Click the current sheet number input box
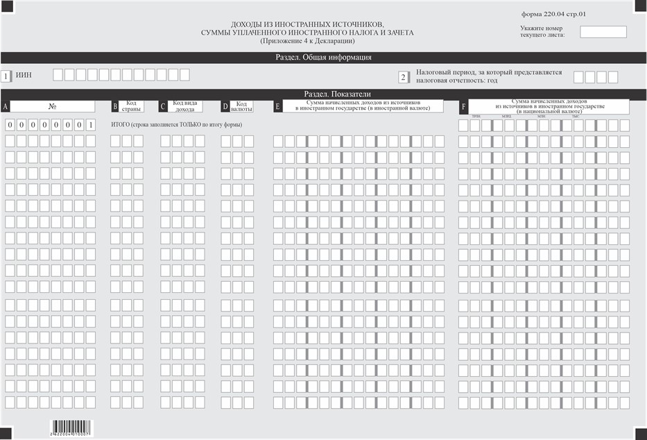(x=603, y=32)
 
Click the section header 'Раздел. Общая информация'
(x=324, y=58)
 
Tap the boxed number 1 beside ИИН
(x=6, y=76)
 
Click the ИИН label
(x=24, y=75)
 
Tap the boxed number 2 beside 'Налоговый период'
(x=403, y=77)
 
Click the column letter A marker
(x=6, y=106)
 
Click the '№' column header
(x=52, y=106)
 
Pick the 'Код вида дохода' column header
(x=185, y=106)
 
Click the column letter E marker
(x=277, y=106)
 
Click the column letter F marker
(x=463, y=106)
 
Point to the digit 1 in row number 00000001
(x=91, y=125)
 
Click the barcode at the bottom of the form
(x=71, y=425)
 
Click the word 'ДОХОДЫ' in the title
(x=246, y=24)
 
